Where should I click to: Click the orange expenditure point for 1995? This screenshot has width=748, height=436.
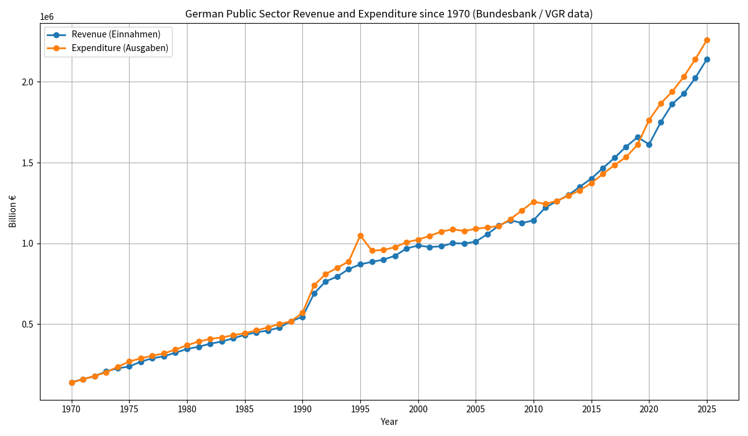click(360, 235)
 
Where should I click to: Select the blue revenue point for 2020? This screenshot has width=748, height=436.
click(649, 145)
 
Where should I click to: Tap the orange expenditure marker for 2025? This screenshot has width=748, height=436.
click(707, 40)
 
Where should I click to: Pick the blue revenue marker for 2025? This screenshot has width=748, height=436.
click(707, 59)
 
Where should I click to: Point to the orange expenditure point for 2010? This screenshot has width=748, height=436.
click(534, 202)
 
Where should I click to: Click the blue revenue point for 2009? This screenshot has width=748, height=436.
click(522, 223)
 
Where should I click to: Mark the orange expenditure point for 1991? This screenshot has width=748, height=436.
click(314, 285)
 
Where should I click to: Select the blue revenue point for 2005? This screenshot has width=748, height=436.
click(476, 242)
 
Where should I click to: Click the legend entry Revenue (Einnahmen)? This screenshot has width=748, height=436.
click(115, 35)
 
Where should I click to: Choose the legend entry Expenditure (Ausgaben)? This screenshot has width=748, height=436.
click(119, 48)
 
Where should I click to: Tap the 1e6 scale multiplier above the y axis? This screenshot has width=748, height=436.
click(47, 17)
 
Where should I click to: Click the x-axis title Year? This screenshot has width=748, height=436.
click(389, 422)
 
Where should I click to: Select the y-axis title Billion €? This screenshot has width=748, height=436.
click(12, 211)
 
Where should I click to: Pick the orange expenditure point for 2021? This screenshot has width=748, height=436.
click(661, 103)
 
